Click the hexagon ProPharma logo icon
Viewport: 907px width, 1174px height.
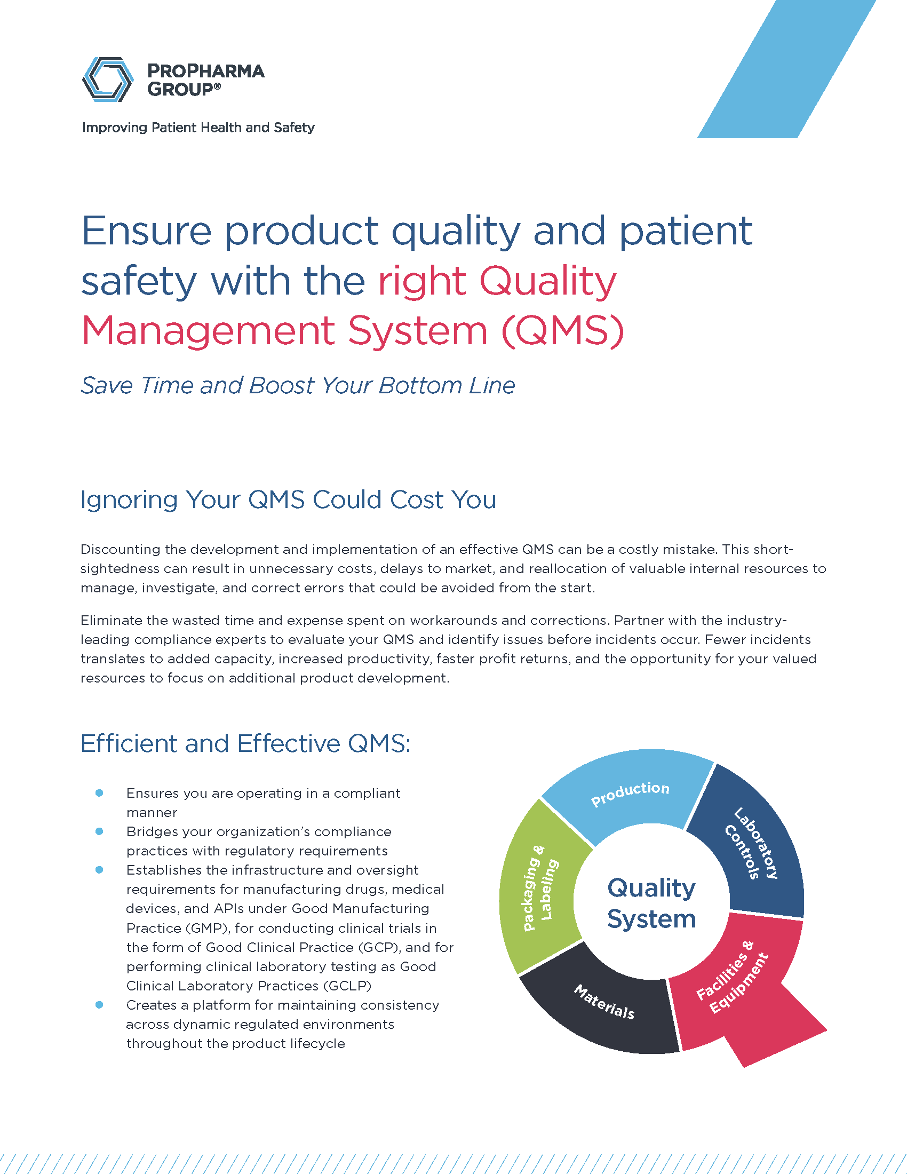pos(107,80)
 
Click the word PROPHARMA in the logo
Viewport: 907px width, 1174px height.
pos(206,71)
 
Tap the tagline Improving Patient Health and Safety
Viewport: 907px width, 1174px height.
pos(198,128)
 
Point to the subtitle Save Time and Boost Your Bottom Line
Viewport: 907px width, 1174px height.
pos(298,385)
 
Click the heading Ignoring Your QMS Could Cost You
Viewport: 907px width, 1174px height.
pos(288,499)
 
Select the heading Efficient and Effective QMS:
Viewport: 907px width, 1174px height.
pos(245,743)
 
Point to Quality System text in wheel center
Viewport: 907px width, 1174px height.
pos(651,903)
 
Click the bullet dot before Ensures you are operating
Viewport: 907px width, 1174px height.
pos(99,793)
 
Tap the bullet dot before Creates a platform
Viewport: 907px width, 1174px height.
pos(99,1005)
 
